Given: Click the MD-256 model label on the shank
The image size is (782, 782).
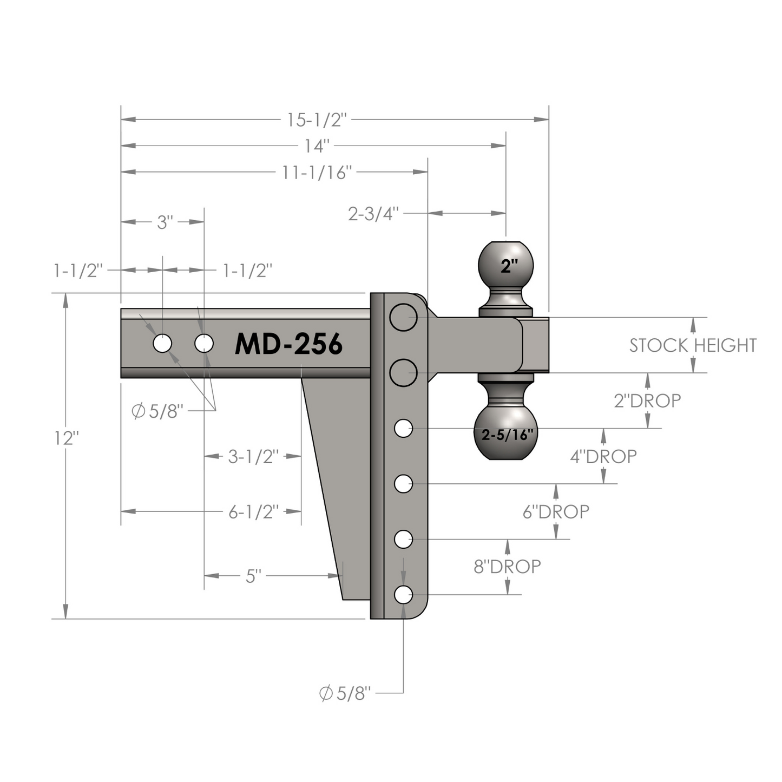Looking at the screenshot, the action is click(x=288, y=344).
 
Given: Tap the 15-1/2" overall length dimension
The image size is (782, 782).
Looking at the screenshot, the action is click(x=317, y=120).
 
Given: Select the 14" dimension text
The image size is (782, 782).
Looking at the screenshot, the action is click(x=317, y=146).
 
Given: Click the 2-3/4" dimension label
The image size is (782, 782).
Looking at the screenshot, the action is click(x=373, y=213).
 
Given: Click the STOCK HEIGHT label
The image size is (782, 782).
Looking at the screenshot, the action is click(x=693, y=345).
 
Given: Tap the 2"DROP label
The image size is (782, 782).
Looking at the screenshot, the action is click(x=647, y=400).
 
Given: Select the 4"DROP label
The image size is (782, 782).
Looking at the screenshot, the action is click(x=603, y=457).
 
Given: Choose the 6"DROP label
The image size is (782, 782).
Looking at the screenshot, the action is click(x=556, y=512).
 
